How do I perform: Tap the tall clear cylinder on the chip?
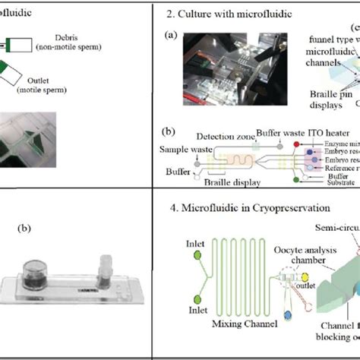(103, 273)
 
